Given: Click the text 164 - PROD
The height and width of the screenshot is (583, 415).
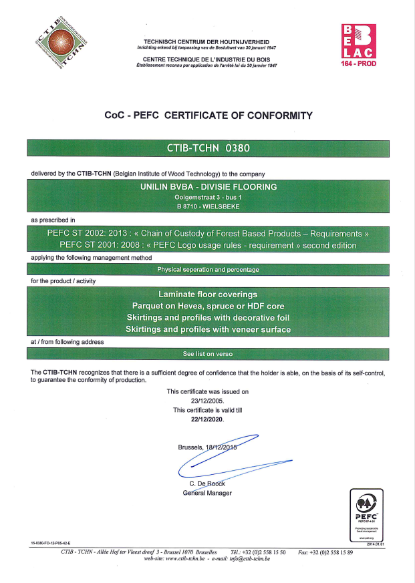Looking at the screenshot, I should tap(359, 63).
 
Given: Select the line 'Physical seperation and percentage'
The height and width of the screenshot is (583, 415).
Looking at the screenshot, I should tap(208, 270).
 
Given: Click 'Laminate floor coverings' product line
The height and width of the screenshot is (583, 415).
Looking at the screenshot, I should tap(208, 294).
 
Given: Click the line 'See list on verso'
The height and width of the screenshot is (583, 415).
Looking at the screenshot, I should tap(208, 353).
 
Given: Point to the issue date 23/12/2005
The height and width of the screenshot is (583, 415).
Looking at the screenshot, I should tap(207, 401).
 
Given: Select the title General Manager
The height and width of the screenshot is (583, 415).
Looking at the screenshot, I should tap(207, 493).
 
